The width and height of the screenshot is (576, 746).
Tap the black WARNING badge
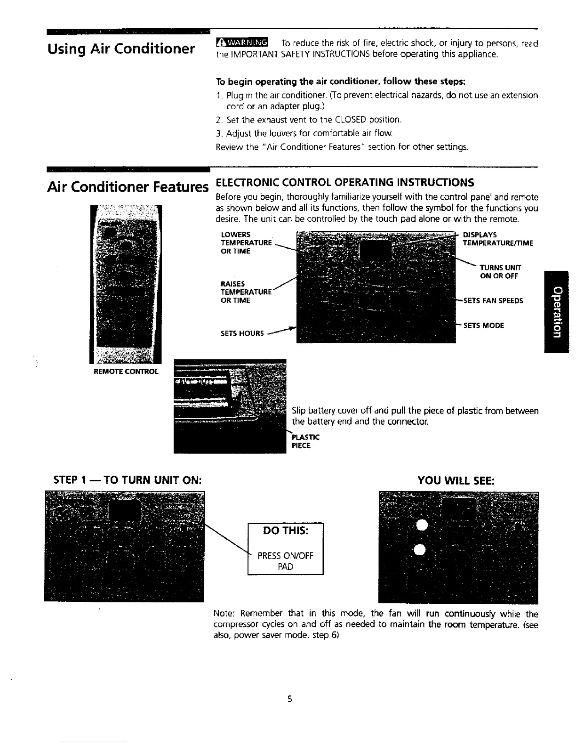tap(241, 44)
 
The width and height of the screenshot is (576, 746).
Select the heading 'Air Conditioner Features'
tap(127, 187)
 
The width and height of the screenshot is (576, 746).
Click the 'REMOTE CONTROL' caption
tap(127, 371)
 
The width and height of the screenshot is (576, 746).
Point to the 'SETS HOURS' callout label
tap(242, 333)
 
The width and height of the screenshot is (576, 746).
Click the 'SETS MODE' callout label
tap(484, 325)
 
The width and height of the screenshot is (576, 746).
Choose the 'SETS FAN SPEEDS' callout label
tap(493, 300)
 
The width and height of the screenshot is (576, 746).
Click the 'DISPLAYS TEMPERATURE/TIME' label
tap(498, 239)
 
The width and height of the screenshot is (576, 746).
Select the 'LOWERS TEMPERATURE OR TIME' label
tap(246, 243)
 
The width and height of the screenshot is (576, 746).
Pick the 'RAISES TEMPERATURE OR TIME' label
tap(246, 292)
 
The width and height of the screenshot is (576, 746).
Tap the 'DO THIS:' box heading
tap(285, 531)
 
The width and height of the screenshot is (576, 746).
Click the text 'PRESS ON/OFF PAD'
tap(285, 561)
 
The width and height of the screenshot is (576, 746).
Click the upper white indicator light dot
tap(421, 526)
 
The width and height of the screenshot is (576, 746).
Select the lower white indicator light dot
tap(421, 548)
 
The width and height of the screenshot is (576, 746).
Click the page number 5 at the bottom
tap(290, 699)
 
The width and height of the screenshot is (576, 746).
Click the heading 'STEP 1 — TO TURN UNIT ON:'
tap(129, 481)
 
